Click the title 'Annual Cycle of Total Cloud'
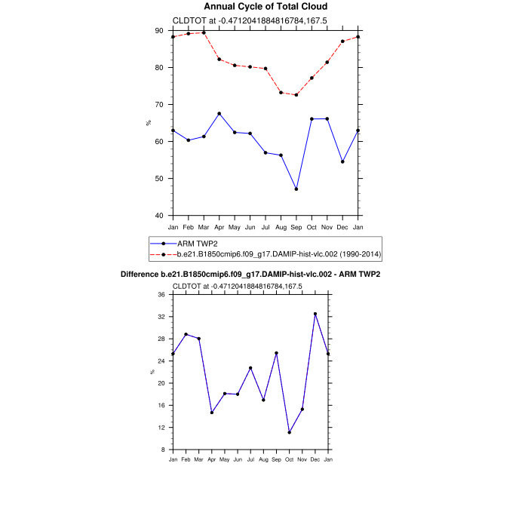[x=266, y=7]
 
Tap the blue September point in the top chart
[x=296, y=189]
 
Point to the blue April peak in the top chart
[x=219, y=113]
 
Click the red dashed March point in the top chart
[x=204, y=32]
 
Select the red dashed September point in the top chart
[x=296, y=94]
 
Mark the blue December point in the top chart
[x=343, y=161]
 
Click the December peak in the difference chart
[x=315, y=314]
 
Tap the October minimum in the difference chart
[x=289, y=432]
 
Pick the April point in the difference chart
[x=212, y=413]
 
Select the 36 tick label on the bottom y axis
[x=161, y=295]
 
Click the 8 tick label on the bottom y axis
[x=163, y=450]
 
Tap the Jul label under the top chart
[x=266, y=226]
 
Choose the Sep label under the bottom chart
[x=276, y=459]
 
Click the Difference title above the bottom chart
[x=250, y=274]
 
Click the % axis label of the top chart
[x=149, y=123]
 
